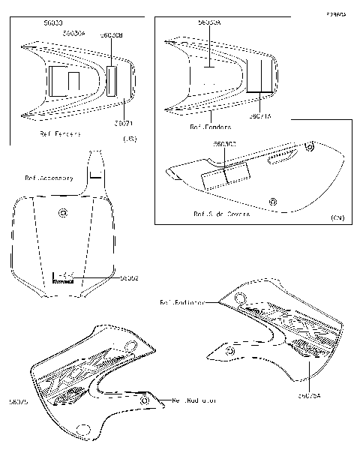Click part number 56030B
tap(112, 35)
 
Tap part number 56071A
tap(260, 116)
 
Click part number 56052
tap(129, 277)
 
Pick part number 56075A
tap(310, 395)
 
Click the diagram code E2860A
tap(336, 13)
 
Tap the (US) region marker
tap(129, 139)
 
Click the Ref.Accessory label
tap(49, 178)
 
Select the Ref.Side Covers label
tap(222, 214)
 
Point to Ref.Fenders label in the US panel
tap(60, 134)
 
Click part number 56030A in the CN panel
tap(209, 23)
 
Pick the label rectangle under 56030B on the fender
tap(112, 81)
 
